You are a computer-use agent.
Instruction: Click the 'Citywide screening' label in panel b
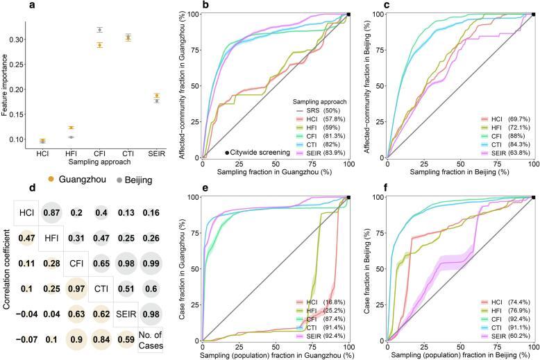[x=258, y=152]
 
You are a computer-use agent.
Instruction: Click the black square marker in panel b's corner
[x=349, y=14]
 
